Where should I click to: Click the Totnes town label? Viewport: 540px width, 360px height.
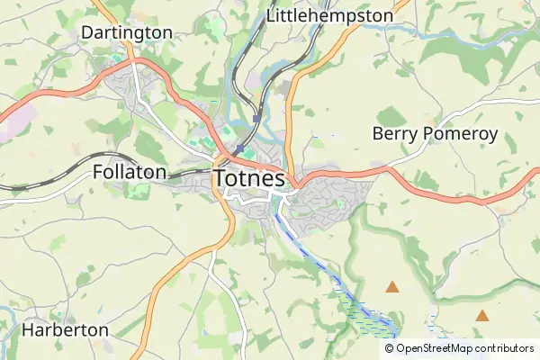250,179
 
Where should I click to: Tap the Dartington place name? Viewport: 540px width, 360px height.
127,32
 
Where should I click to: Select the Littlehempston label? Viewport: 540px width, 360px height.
330,16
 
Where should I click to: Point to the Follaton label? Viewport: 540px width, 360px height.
130,172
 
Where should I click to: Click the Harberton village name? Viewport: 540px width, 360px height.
65,330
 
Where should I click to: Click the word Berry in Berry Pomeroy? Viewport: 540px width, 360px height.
393,134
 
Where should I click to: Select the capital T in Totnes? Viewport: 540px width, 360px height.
221,179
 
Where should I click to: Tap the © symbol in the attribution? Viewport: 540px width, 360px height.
390,347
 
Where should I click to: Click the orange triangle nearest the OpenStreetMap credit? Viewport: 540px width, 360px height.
483,316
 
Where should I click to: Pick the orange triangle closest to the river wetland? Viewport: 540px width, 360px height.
392,287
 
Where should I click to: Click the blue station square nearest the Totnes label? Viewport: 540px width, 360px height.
239,149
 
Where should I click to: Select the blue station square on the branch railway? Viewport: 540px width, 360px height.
257,118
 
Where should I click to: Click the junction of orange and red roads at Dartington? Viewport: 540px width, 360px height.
131,61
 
